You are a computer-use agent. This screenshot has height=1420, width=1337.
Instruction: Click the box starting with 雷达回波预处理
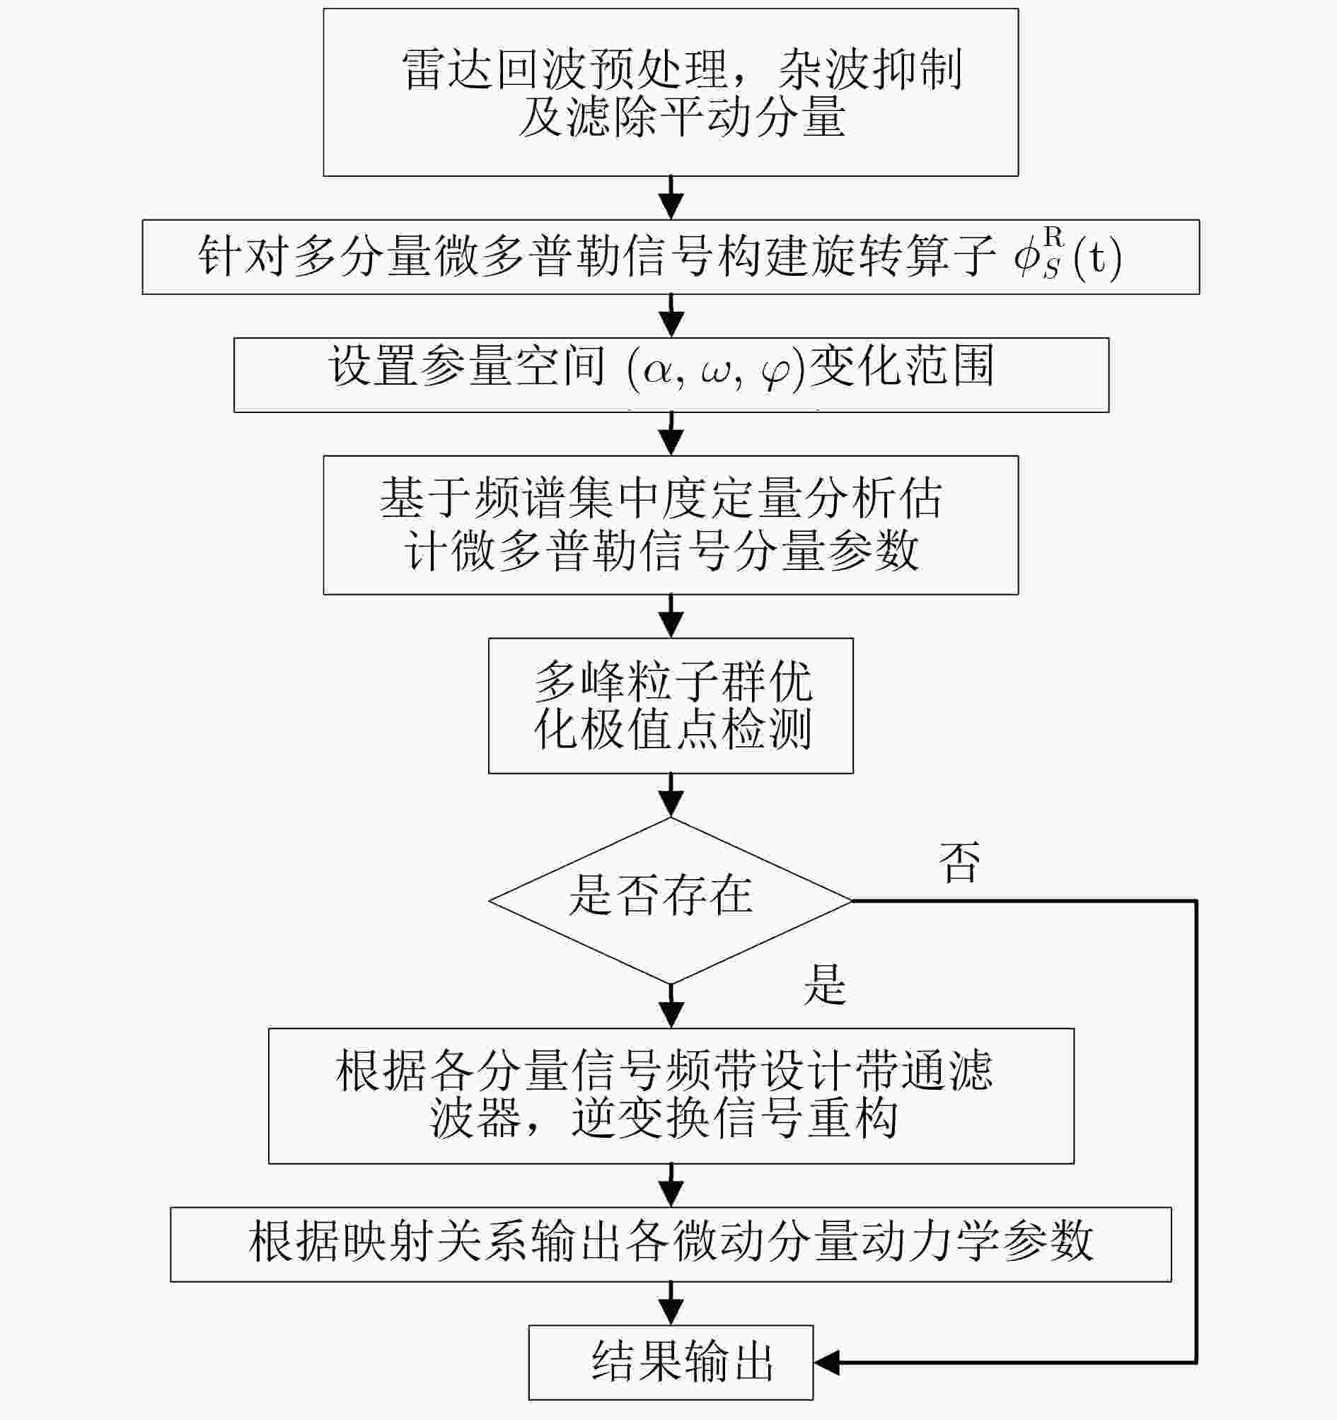coord(671,92)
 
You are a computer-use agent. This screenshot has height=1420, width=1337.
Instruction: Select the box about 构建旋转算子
coord(671,257)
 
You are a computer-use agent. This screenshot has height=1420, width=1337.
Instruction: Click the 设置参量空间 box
coord(671,375)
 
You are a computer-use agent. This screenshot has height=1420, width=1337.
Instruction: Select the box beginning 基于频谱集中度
coord(671,525)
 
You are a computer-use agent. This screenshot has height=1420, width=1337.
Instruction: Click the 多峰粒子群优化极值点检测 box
coord(671,706)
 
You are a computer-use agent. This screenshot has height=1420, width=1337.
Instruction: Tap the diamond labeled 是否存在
coord(671,901)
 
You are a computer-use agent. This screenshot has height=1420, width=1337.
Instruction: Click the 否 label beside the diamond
coord(960,862)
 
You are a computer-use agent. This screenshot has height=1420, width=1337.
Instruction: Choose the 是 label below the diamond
coord(826,984)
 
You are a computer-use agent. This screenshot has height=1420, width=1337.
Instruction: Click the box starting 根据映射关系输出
coord(671,1245)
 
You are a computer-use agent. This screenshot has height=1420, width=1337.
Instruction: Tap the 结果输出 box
coord(671,1363)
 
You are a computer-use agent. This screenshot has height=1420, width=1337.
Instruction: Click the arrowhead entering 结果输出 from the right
coord(827,1363)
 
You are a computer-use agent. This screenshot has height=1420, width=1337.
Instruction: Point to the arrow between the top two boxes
coord(671,198)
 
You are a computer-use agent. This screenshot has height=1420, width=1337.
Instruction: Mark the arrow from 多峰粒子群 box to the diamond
coord(671,795)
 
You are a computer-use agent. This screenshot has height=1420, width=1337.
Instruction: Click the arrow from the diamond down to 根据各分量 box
coord(671,1006)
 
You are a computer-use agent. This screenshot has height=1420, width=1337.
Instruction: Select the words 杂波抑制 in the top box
coord(869,70)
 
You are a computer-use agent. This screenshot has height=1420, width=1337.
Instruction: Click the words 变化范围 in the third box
coord(902,366)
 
